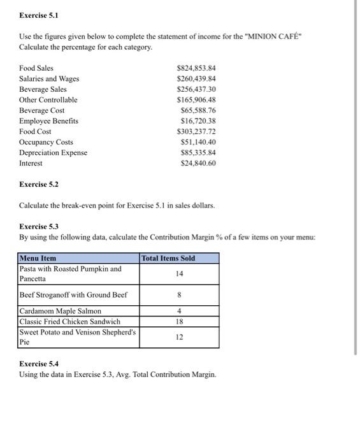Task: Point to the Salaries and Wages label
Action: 49,78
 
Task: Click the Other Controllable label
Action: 48,100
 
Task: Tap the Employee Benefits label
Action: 49,121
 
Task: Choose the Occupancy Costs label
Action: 46,142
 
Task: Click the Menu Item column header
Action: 38,258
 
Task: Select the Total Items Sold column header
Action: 168,258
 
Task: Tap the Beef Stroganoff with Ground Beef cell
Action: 74,294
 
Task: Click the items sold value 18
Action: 179,322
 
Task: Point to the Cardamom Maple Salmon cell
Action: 61,311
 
